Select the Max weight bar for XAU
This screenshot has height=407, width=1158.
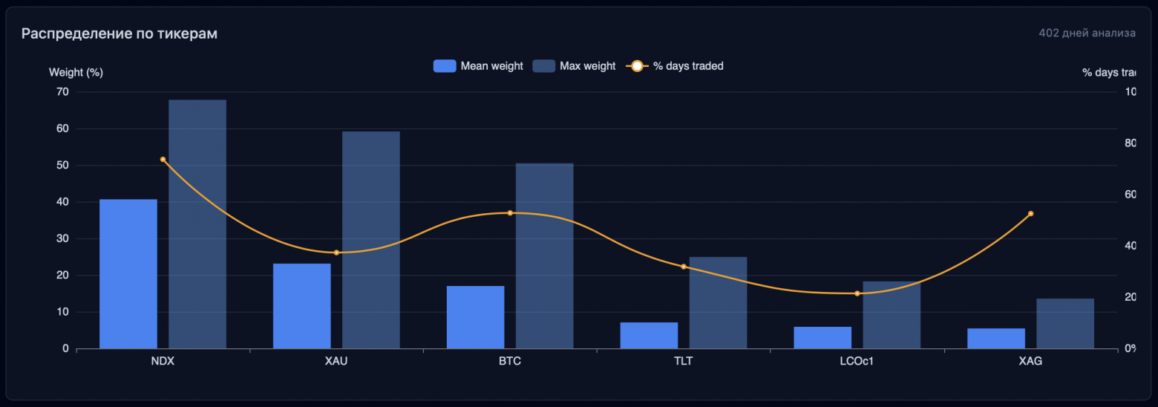point(371,240)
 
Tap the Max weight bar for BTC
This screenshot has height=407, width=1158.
point(544,255)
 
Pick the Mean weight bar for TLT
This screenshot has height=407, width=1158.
point(649,335)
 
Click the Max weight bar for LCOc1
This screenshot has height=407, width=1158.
point(892,315)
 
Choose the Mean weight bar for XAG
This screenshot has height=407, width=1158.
point(996,338)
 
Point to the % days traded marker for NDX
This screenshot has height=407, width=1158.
point(163,160)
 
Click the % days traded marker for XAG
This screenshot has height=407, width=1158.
point(1030,214)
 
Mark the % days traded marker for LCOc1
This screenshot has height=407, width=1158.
point(857,293)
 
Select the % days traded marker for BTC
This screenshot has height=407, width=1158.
point(510,213)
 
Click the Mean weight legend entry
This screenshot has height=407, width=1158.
point(478,66)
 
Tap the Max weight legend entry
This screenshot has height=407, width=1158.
point(575,66)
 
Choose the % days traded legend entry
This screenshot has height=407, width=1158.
point(675,66)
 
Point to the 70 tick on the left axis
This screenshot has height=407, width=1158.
point(62,92)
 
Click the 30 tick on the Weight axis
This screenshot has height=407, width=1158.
point(62,238)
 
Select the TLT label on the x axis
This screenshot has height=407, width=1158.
point(684,362)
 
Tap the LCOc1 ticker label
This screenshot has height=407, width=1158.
point(857,362)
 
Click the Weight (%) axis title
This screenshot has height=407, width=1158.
point(76,73)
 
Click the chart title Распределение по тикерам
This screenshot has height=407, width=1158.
point(120,33)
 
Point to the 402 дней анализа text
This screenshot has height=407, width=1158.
point(1087,33)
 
